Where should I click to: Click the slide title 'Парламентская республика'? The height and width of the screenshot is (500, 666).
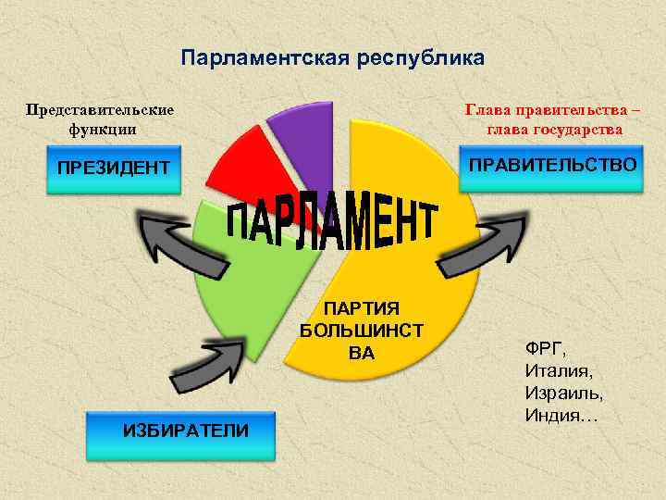pyautogui.click(x=332, y=59)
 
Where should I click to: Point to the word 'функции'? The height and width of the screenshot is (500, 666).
pyautogui.click(x=102, y=130)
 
